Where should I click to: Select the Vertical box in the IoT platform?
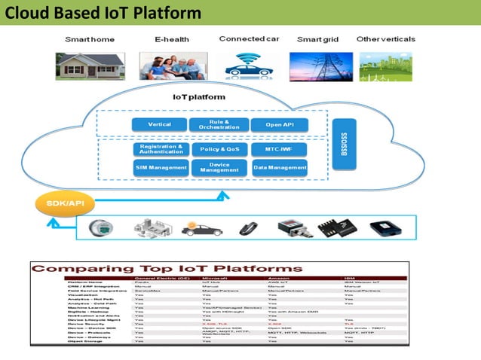(x=160, y=124)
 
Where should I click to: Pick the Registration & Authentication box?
(x=161, y=149)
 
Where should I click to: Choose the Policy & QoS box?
(x=219, y=149)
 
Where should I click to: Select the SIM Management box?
(x=161, y=168)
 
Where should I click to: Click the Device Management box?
(x=219, y=168)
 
